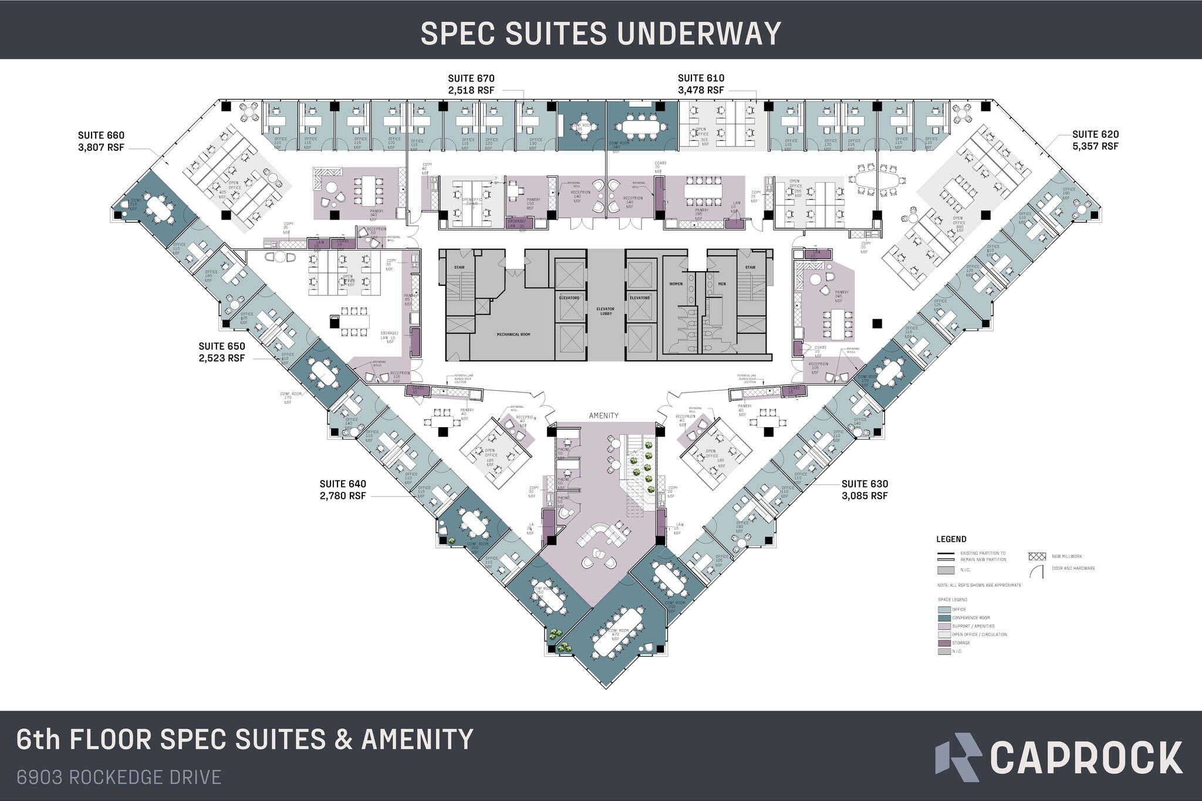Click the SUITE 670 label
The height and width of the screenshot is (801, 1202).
click(x=471, y=79)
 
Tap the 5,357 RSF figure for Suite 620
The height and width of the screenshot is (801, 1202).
click(x=1095, y=146)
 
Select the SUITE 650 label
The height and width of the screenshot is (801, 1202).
click(x=221, y=347)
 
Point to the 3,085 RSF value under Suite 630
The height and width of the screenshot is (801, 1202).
click(x=865, y=496)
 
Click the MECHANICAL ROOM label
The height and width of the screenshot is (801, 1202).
click(x=514, y=334)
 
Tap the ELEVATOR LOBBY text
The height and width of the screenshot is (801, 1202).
click(x=605, y=311)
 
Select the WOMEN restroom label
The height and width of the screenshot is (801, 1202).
click(x=676, y=284)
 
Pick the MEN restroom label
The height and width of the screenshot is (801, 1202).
click(x=722, y=284)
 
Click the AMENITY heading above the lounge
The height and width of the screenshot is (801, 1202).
click(x=604, y=415)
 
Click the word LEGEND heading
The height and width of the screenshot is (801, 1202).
click(x=951, y=539)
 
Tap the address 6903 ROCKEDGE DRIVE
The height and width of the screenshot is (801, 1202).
click(x=119, y=778)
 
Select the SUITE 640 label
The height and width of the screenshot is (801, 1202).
click(x=343, y=484)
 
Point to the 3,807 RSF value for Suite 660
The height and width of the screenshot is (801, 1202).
click(x=101, y=147)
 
